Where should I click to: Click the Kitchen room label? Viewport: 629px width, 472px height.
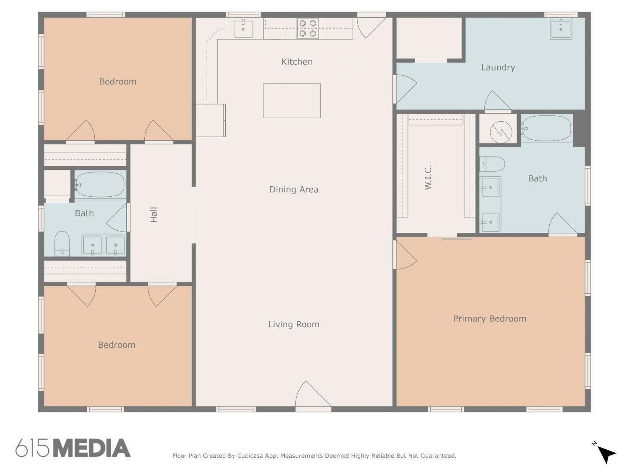coord(296,62)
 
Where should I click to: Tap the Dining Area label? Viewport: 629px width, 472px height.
coord(294,190)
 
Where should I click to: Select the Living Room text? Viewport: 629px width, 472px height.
coord(294,324)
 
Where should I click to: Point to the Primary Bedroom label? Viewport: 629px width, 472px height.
coord(490,319)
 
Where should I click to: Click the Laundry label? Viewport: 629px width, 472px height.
coord(498,68)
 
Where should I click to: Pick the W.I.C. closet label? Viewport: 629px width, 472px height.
coord(428,177)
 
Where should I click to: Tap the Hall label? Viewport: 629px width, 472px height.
coord(153,215)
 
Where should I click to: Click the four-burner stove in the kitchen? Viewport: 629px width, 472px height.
coord(308,29)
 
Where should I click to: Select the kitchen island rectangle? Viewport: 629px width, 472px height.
coord(292,101)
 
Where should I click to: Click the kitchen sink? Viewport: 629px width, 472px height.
coord(243,29)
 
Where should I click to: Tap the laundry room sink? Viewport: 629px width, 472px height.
coord(561,29)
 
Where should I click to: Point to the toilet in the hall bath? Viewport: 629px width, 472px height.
coord(62,243)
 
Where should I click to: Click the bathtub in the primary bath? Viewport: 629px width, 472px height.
coord(546,128)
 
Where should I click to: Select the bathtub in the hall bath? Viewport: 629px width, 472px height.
coord(100,184)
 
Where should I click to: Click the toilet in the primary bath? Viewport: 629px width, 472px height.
coord(492,164)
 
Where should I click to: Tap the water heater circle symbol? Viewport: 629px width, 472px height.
coord(501,132)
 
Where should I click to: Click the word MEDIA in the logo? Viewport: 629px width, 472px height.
coord(92,448)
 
